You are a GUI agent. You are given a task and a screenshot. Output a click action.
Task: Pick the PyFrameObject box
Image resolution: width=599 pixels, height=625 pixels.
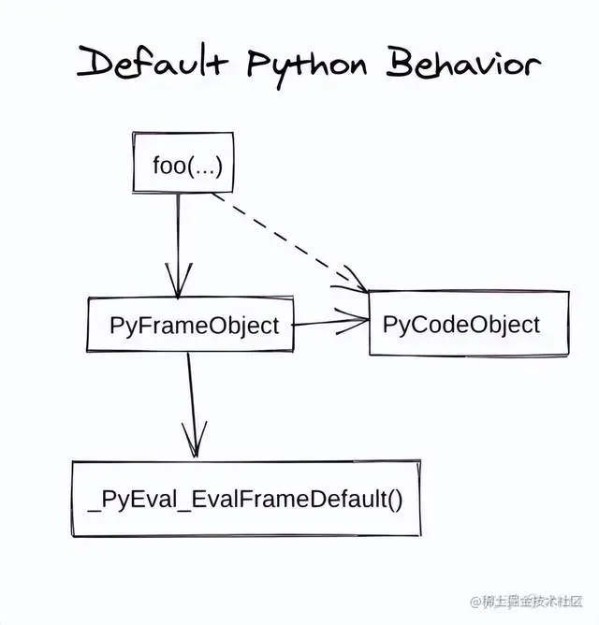(190, 326)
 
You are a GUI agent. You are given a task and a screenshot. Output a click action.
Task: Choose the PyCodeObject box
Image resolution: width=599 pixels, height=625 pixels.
(468, 324)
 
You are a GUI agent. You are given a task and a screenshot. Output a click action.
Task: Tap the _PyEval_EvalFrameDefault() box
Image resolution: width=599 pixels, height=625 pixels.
(246, 499)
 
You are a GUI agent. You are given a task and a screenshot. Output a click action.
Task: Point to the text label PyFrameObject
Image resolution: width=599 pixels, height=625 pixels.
(195, 326)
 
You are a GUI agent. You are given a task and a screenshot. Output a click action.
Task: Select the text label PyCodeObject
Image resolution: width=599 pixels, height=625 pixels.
(461, 324)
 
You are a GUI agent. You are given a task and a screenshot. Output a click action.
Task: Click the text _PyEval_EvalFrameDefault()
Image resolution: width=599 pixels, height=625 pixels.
(246, 499)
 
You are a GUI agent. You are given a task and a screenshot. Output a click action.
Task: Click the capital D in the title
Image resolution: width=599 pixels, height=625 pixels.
(96, 63)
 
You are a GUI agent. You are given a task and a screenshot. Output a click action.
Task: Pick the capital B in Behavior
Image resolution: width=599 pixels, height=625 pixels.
(400, 63)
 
